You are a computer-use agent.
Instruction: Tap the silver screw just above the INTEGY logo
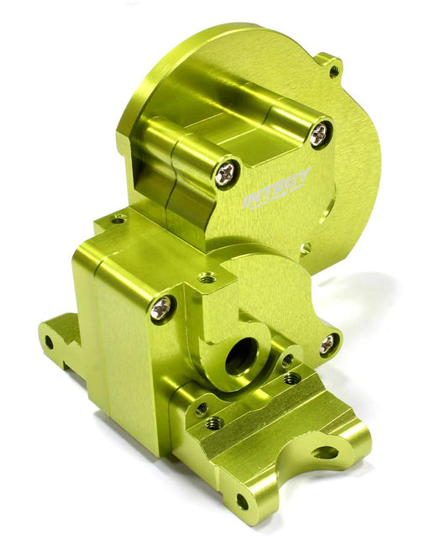320,133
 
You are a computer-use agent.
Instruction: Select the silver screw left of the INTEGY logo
226,172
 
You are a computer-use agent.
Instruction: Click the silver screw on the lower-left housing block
161,308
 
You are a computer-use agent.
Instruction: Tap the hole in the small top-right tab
334,71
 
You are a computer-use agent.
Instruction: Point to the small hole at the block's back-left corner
118,220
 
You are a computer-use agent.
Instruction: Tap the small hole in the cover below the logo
305,248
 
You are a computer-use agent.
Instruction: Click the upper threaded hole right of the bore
287,360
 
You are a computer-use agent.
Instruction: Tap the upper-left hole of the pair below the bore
202,409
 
